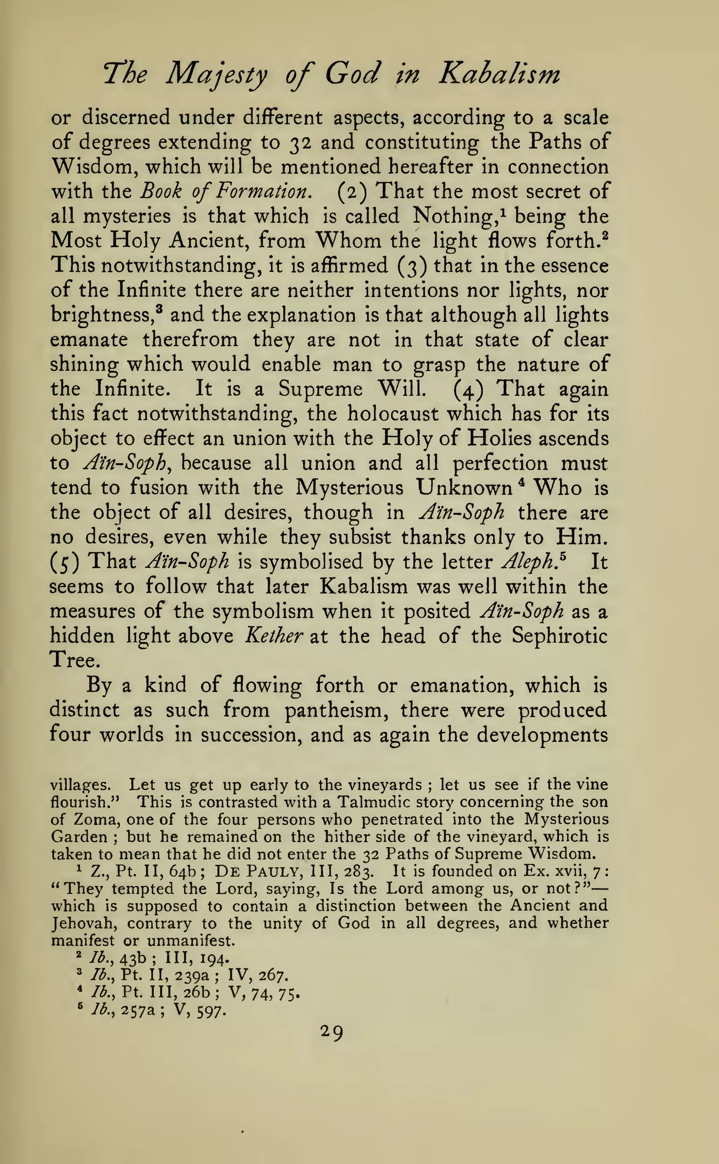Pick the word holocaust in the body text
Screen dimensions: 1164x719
click(393, 414)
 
